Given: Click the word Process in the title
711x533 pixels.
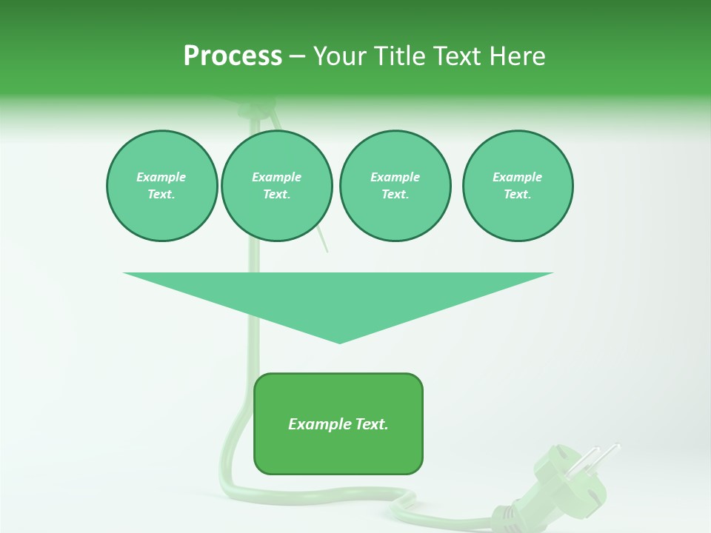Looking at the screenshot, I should [233, 56].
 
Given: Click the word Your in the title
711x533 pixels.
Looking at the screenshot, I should [340, 56].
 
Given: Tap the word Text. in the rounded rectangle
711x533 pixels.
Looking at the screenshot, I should [371, 424].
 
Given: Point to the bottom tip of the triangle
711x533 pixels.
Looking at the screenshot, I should [339, 341].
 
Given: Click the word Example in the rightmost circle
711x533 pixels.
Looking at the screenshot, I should [517, 177].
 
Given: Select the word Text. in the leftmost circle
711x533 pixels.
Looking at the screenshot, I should [161, 194].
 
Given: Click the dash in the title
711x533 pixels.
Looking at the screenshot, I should [298, 56].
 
